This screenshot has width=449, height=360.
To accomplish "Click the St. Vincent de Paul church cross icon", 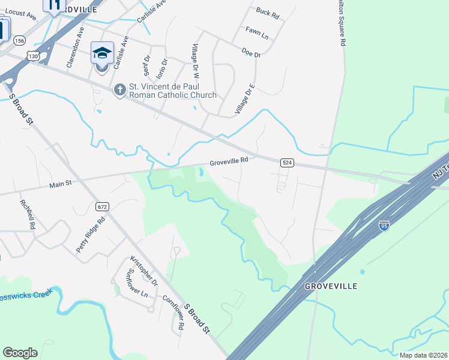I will (x=119, y=90).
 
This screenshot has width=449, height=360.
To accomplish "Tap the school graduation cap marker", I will (x=102, y=53).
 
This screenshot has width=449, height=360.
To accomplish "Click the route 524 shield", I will (x=287, y=163).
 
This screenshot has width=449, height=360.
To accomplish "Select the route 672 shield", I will (x=101, y=206).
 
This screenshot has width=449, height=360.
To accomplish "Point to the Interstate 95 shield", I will (x=384, y=225).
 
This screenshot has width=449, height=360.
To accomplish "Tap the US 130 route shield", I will (x=32, y=56).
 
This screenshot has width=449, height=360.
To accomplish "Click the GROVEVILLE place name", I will (x=331, y=286).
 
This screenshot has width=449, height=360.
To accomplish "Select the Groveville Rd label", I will (x=229, y=161).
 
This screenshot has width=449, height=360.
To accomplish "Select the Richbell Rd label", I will (x=28, y=215).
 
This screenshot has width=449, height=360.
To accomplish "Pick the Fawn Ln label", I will (x=256, y=32).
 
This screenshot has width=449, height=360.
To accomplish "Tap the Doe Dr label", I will (x=251, y=54).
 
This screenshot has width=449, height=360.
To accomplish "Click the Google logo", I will (x=20, y=353).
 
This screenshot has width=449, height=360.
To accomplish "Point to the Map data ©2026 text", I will (x=423, y=355).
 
